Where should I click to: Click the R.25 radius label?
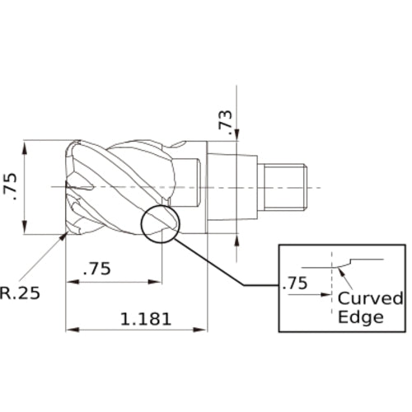pos(20,293)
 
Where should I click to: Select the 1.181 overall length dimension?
pos(146,319)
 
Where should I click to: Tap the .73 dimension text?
pos(225,123)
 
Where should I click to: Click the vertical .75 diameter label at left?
pos(10,186)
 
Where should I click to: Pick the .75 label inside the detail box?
pos(295,283)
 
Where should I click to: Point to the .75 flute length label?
pos(97,269)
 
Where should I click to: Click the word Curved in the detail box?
pos(371,298)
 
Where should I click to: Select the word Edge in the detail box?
pos(360,317)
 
